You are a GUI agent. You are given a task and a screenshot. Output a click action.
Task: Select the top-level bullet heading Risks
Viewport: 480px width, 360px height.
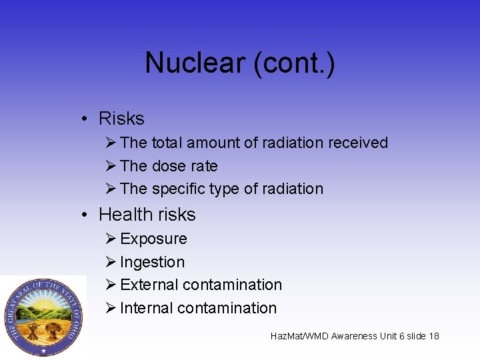[121, 119]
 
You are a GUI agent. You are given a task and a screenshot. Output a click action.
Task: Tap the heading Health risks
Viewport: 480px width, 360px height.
[147, 215]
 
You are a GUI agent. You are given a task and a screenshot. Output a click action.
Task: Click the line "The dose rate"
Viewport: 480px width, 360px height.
[169, 166]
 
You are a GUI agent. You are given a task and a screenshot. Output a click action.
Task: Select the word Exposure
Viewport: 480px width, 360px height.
[153, 239]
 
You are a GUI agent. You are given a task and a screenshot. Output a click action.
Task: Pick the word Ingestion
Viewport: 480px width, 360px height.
[152, 262]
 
